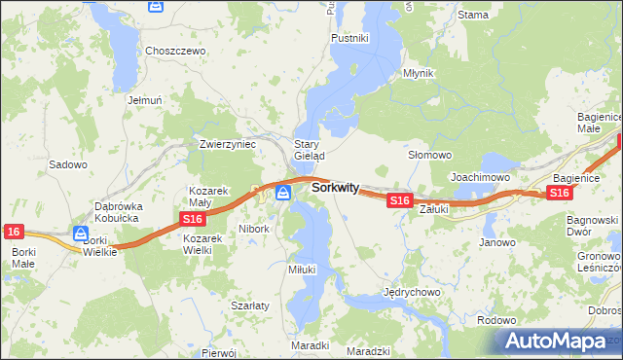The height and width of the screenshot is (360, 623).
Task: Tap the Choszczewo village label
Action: pos(175,51)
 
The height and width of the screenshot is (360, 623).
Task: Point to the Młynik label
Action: pos(418,74)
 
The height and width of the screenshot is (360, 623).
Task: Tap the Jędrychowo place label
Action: pos(414,292)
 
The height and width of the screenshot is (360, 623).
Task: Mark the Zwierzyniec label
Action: pos(227,144)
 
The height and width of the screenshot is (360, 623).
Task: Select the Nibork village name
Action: pos(253,230)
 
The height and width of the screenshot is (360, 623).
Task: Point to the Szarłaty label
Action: pos(250,305)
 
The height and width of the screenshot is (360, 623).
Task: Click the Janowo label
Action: pos(497,242)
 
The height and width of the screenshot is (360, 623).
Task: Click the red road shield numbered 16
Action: pos(13,232)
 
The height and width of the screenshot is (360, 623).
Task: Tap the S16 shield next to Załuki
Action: pos(399,200)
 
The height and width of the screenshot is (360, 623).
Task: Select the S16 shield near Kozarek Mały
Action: pos(192,221)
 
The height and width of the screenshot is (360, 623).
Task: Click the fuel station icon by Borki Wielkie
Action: pos(81,234)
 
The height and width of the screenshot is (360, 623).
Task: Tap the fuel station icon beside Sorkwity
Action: pos(283,193)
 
